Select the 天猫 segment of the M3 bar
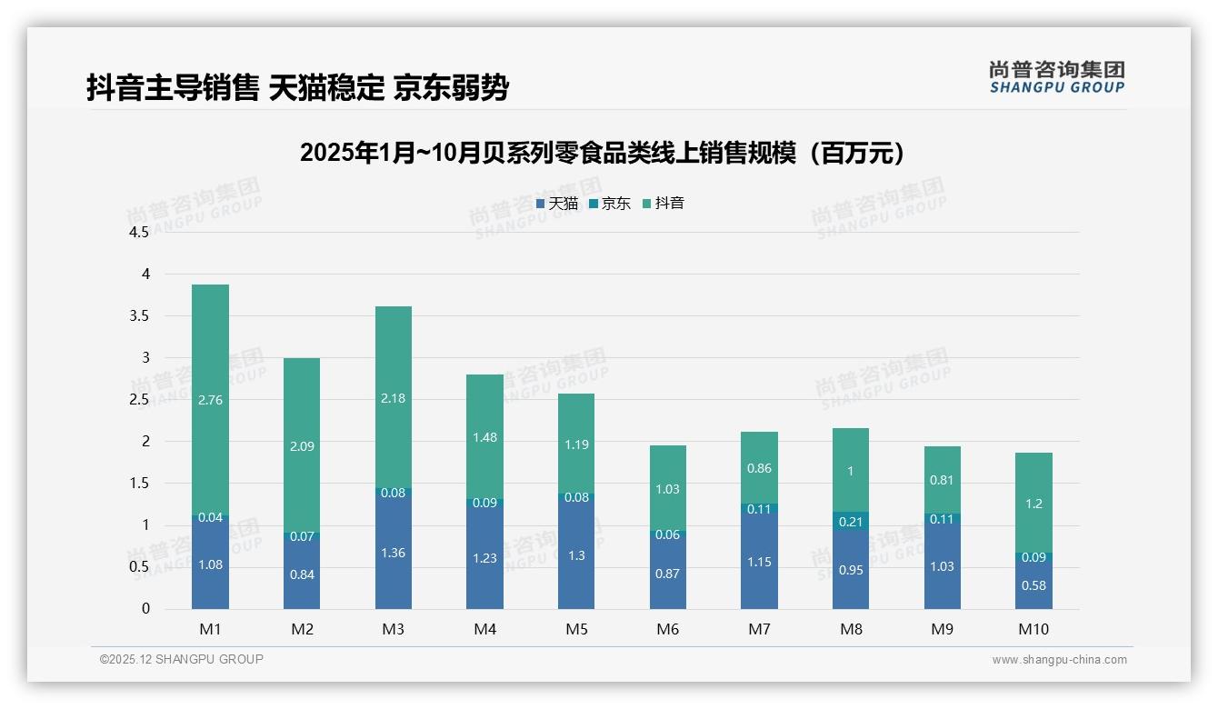point(393,552)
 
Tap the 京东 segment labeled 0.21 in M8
point(850,522)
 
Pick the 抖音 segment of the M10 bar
point(1033,503)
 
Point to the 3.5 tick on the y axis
point(139,316)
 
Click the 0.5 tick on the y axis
point(139,567)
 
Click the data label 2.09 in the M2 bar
point(302,446)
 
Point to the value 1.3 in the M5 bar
point(576,556)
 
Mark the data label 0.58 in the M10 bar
point(1033,586)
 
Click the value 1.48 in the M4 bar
point(484,437)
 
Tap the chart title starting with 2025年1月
point(604,154)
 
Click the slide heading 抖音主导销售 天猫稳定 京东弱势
point(297,88)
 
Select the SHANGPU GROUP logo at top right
point(1056,77)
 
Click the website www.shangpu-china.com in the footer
point(1059,660)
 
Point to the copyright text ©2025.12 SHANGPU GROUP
point(182,660)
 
